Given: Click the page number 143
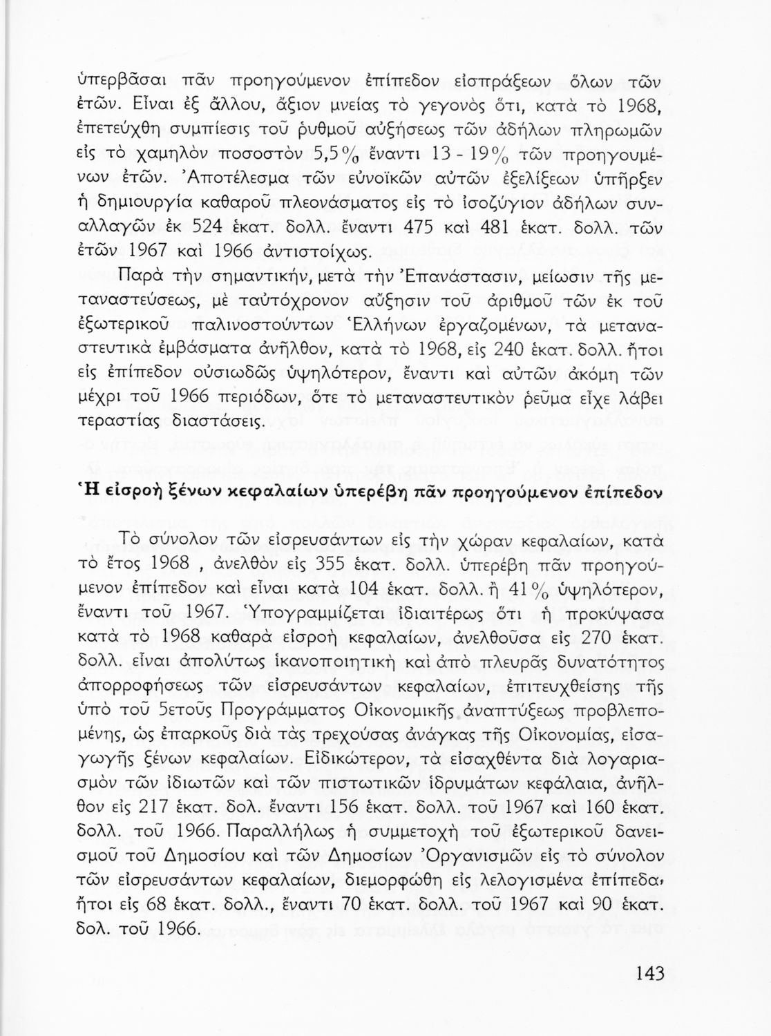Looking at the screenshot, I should click(647, 974).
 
